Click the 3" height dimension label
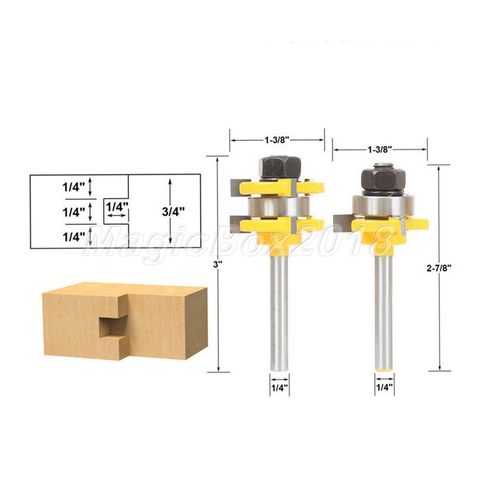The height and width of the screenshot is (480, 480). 217,265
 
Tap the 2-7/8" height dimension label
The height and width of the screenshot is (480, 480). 439,268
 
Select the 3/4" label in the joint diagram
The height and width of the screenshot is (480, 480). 173,212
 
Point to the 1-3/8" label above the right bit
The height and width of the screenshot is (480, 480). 380,149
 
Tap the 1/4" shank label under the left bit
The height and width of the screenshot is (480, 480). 279,387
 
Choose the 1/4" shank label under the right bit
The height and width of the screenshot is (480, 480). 384,387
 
